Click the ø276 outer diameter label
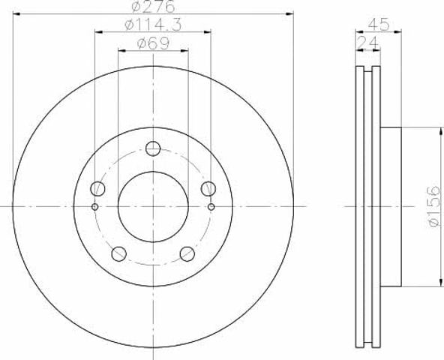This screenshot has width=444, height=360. (x=153, y=6)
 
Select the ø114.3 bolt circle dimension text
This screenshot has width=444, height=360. (x=153, y=25)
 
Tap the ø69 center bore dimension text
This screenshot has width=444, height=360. (x=153, y=43)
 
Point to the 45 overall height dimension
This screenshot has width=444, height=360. (x=379, y=25)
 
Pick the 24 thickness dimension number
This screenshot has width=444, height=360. (x=367, y=43)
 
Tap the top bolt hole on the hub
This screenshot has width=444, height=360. (x=153, y=148)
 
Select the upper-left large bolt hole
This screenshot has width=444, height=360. (x=97, y=188)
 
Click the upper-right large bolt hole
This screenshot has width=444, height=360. (x=208, y=188)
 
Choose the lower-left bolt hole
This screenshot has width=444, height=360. (x=119, y=253)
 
